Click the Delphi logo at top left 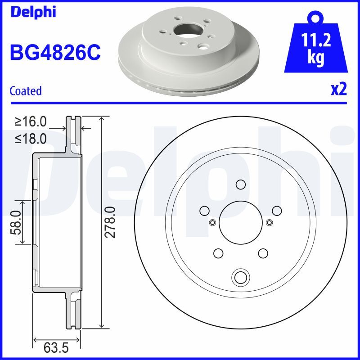tap(32, 11)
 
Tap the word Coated tap(25, 91)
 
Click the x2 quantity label tap(338, 90)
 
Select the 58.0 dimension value tap(16, 222)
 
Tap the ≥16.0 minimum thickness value tap(31, 121)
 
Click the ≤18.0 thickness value tap(31, 139)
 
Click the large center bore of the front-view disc tap(240, 221)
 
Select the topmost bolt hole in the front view tap(240, 184)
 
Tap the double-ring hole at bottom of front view tap(240, 276)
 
